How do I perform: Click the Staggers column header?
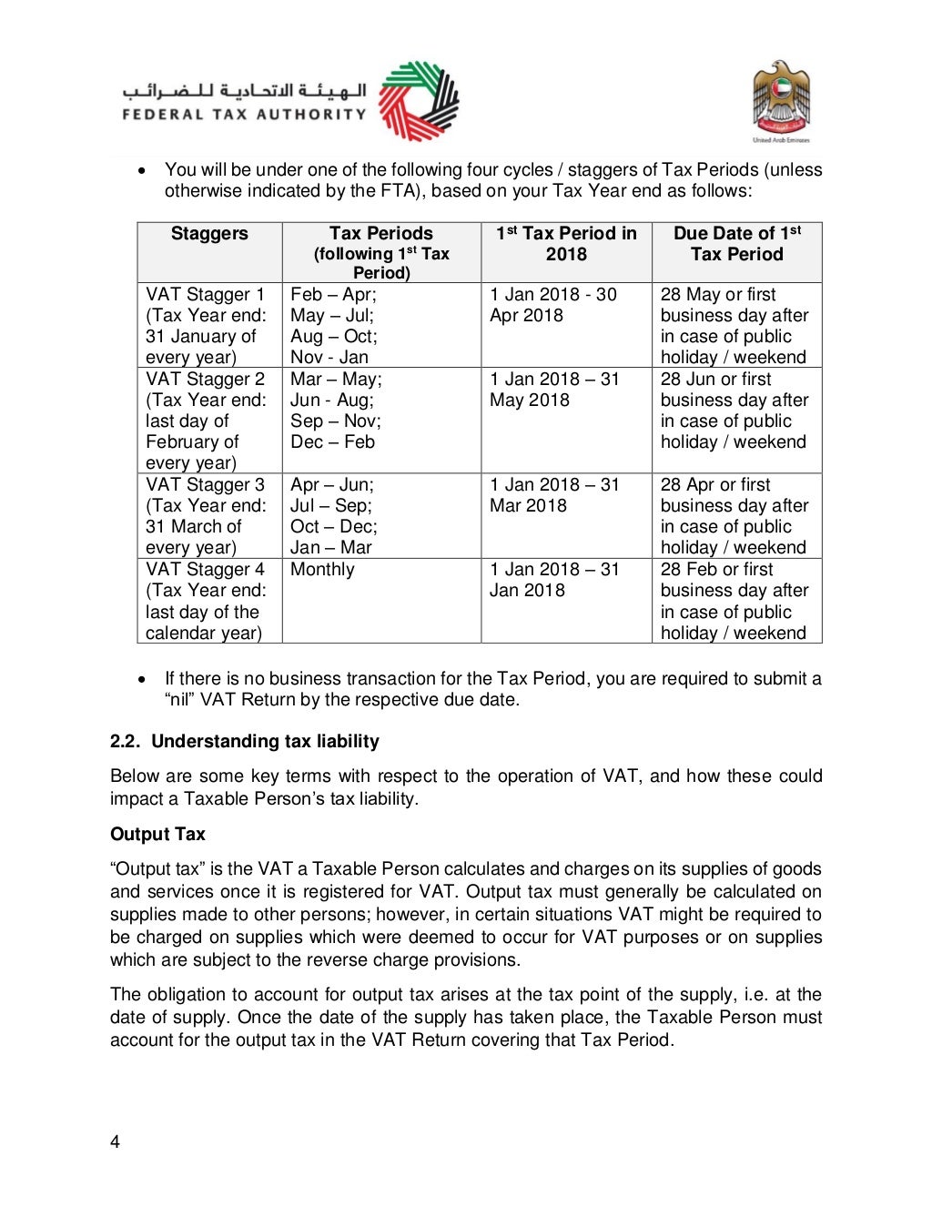[x=209, y=234]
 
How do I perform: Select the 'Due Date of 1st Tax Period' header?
[x=736, y=244]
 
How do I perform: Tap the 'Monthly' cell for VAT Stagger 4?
[x=322, y=570]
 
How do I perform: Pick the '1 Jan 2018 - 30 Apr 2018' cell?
[x=553, y=305]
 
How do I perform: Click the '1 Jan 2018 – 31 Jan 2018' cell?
[x=554, y=580]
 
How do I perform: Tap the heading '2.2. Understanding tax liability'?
[x=244, y=741]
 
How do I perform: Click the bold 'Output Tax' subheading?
[x=157, y=834]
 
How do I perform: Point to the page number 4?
[x=115, y=1142]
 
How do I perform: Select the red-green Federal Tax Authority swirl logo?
[x=418, y=100]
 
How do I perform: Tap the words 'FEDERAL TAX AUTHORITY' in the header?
[x=244, y=115]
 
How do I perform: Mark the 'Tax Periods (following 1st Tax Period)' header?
[x=381, y=252]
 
